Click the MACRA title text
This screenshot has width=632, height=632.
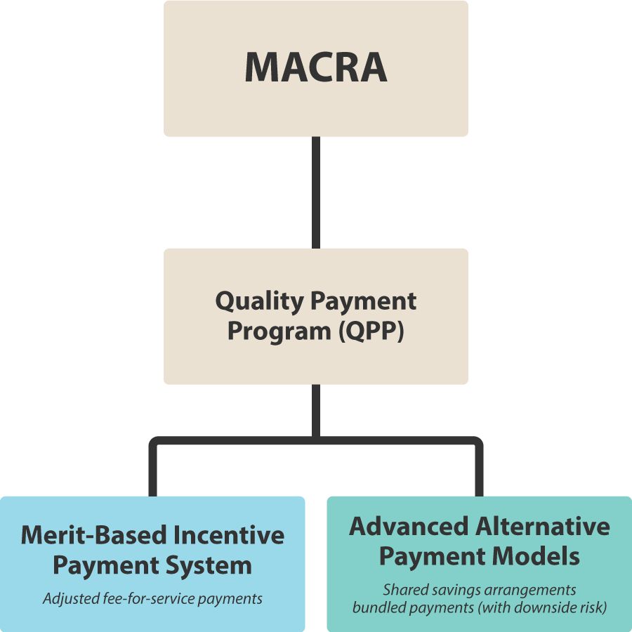pos(316,67)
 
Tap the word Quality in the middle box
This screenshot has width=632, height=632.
pos(260,301)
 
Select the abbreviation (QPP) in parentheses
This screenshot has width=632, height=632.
pos(371,331)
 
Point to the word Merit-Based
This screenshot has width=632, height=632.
pos(94,535)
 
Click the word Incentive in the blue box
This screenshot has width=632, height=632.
pos(229,535)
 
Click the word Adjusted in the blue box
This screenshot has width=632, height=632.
pos(71,598)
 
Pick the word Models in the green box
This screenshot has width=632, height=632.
pos(536,556)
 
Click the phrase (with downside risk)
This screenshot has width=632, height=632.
pos(542,607)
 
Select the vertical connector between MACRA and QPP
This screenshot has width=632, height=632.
pos(316,192)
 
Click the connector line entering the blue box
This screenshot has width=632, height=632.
pos(153,468)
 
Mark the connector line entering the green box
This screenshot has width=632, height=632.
pos(479,468)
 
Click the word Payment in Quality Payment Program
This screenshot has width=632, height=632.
pos(364,301)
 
